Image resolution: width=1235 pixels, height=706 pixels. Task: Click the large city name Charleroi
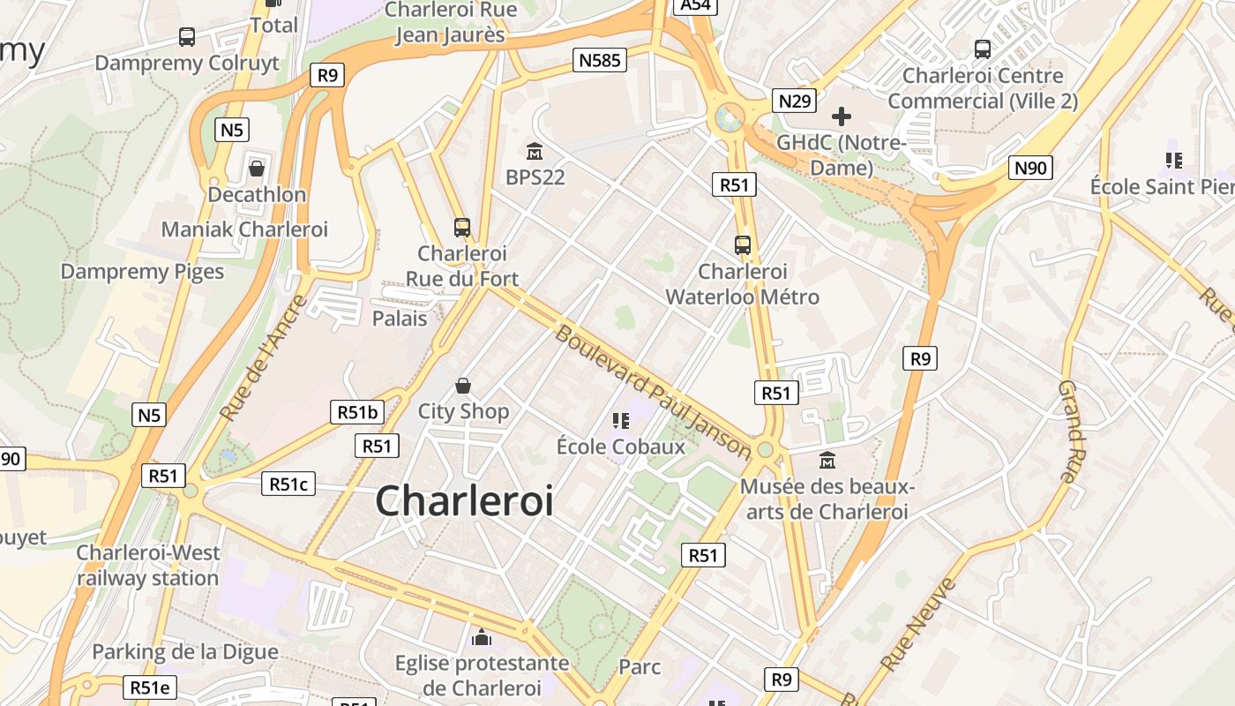465,500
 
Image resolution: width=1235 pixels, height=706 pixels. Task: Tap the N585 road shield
600,60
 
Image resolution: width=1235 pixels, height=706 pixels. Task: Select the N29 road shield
794,101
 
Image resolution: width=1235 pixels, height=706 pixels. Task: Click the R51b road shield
357,411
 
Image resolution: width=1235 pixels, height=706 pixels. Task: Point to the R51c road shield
288,484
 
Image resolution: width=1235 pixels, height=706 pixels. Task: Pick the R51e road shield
151,687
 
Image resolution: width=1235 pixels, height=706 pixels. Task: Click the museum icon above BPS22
535,151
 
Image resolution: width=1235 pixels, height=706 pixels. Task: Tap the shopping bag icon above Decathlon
257,167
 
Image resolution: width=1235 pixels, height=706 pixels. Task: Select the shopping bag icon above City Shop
463,386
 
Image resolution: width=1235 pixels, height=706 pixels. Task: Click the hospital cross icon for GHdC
842,116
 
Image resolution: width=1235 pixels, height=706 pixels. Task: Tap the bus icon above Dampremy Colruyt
187,37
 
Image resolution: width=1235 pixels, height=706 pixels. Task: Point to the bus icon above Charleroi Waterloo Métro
743,245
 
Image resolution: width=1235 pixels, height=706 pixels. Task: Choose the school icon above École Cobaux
620,421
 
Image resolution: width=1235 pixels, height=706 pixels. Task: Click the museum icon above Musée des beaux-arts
827,460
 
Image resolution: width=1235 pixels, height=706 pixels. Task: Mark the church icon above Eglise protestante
482,636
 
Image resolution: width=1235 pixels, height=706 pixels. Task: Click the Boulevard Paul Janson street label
653,392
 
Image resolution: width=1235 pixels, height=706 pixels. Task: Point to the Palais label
400,319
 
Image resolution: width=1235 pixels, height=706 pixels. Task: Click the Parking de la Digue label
185,652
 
